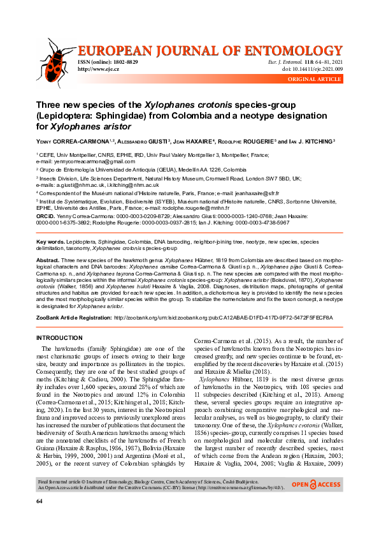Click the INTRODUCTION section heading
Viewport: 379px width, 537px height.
click(x=59, y=337)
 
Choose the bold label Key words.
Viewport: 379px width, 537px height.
click(x=50, y=242)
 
